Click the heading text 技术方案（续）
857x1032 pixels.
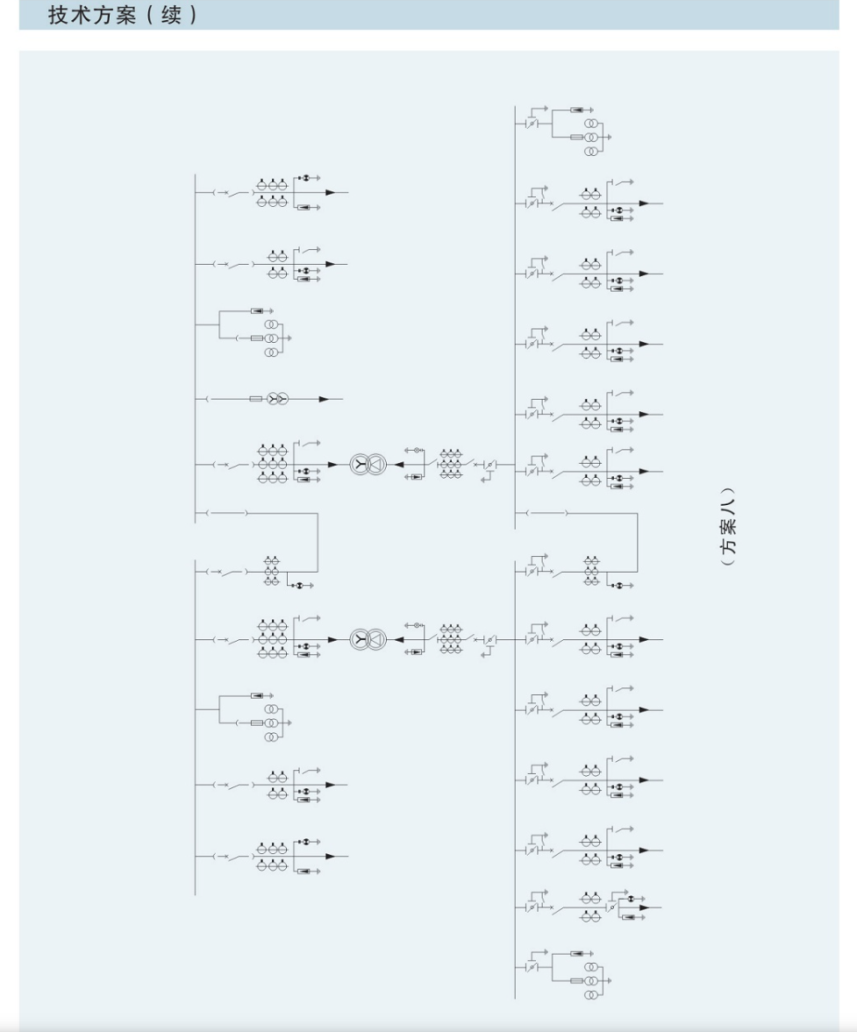(x=123, y=15)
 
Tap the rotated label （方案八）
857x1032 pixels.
(x=728, y=527)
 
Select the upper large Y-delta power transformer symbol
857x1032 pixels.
(x=368, y=465)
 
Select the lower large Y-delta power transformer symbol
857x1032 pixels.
(x=368, y=640)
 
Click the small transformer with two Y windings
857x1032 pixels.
(x=277, y=399)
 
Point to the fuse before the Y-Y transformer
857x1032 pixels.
(x=256, y=399)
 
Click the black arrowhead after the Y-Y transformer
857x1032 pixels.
(x=323, y=399)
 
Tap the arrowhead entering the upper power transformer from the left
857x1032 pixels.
(x=332, y=465)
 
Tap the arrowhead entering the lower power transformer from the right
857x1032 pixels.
(x=399, y=640)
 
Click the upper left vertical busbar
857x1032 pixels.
(x=196, y=348)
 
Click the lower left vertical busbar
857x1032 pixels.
(x=196, y=727)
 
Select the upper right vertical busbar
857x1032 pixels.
(x=515, y=317)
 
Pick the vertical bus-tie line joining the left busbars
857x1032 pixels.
(x=318, y=543)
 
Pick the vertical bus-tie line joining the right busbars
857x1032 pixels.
(x=637, y=543)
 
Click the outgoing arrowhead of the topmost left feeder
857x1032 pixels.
(x=331, y=193)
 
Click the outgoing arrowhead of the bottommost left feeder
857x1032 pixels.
(x=331, y=857)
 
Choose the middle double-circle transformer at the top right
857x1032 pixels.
(x=590, y=137)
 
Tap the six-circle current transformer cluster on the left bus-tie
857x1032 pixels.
(x=272, y=572)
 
